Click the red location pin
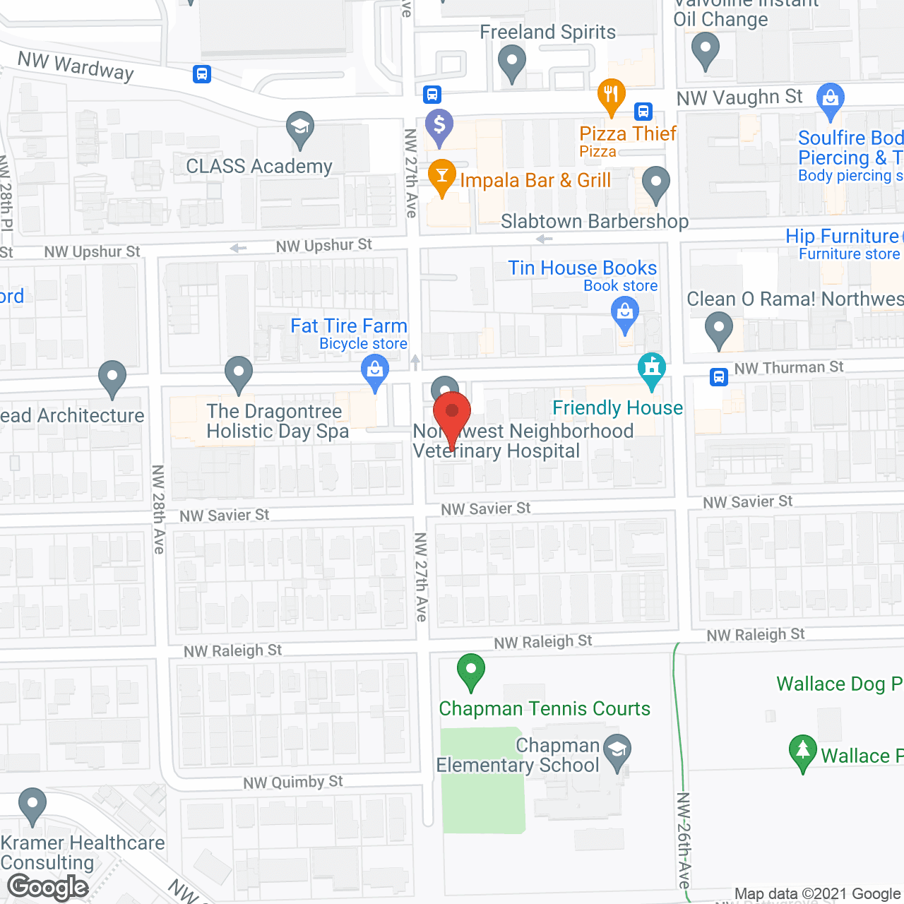pos(451,412)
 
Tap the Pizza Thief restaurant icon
pos(612,95)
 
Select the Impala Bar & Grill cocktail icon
pos(442,177)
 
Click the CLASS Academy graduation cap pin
pos(300,129)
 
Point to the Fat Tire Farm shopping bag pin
pos(375,371)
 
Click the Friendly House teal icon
pos(651,369)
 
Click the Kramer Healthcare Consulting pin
pos(32,804)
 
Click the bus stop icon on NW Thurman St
pos(718,377)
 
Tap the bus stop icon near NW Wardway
pos(202,73)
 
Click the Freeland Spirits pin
pos(512,61)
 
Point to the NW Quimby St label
pos(293,783)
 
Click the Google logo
pos(48,887)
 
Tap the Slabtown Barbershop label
pos(595,222)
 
